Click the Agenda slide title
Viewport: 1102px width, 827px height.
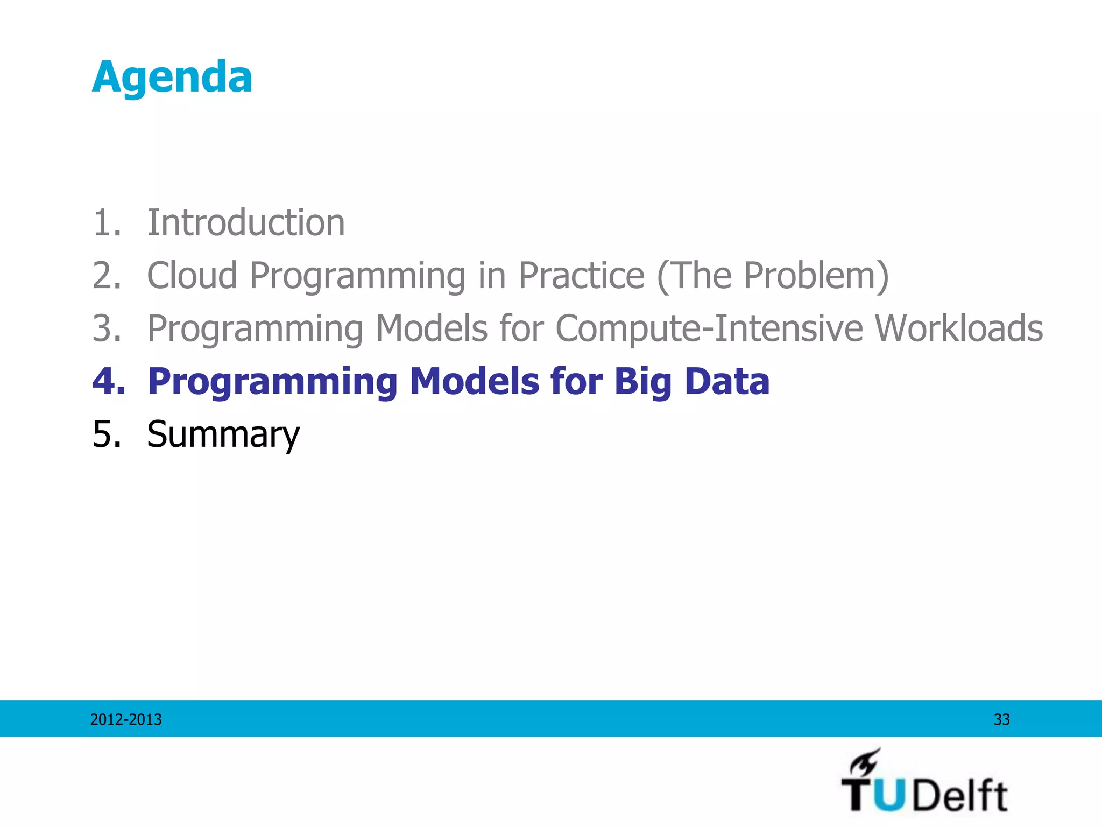point(172,78)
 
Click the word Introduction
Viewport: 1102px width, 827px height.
point(246,222)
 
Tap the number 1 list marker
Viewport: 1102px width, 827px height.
point(106,222)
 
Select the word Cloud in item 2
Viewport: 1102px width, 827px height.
point(192,275)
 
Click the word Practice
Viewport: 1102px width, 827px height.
point(581,275)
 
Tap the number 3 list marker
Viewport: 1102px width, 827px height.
point(106,328)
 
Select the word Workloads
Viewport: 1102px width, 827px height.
point(958,328)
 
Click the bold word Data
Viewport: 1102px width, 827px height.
point(727,381)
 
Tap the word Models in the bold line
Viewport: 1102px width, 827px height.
point(474,381)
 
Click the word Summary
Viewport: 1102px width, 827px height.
point(223,434)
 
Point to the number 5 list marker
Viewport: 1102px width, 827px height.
point(106,434)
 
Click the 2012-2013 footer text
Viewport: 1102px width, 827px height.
point(126,719)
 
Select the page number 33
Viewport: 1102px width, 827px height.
point(1001,719)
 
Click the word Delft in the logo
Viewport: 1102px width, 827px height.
point(960,795)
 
